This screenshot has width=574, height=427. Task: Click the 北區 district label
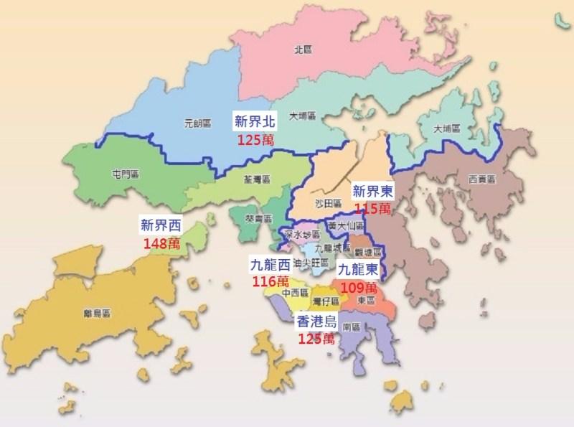coord(301,50)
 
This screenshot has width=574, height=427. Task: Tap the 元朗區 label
coord(197,123)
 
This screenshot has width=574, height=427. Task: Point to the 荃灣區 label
coord(258,180)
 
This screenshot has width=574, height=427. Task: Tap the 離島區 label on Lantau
coord(95,314)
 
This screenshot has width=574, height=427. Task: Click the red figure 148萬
coord(161,244)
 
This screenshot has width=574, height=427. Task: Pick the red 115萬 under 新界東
coord(373,208)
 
